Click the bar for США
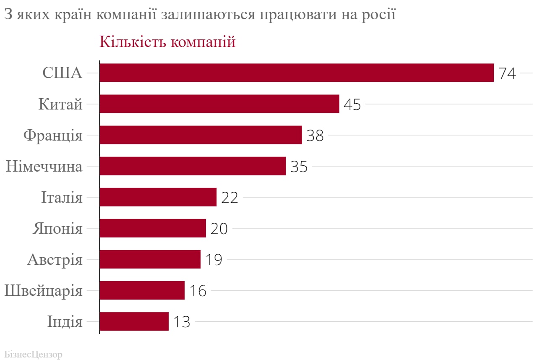(296, 73)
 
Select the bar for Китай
(219, 104)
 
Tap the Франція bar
(201, 135)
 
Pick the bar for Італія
(158, 197)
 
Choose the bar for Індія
(134, 321)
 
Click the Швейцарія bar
(142, 290)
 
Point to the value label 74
(507, 73)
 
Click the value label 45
(352, 104)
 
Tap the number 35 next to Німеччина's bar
(299, 167)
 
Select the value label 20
(219, 229)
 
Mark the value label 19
(213, 260)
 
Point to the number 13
(181, 322)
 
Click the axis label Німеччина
(44, 167)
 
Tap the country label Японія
(57, 229)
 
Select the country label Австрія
(55, 259)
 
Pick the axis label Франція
(52, 136)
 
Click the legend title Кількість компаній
(167, 42)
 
